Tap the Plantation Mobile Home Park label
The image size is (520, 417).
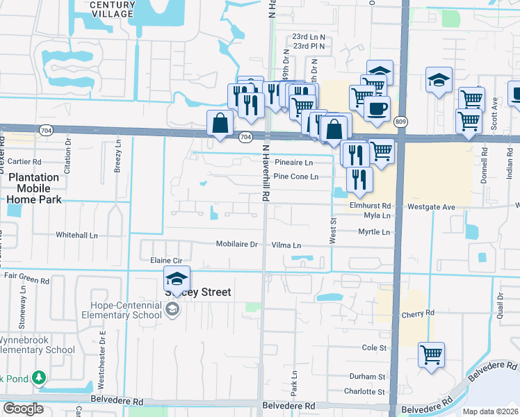tap(34, 188)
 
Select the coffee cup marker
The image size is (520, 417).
tap(377, 109)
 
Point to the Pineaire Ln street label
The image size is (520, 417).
tap(294, 163)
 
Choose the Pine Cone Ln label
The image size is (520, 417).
tap(295, 177)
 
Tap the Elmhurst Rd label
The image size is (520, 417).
tap(371, 206)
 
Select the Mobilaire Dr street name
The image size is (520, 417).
tap(236, 245)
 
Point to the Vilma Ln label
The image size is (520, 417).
tap(286, 245)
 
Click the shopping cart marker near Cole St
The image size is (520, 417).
tap(431, 354)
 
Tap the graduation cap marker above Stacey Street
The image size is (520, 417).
tap(177, 279)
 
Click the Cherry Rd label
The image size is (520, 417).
tap(417, 314)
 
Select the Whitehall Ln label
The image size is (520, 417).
tap(77, 235)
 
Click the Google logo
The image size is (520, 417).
tap(24, 409)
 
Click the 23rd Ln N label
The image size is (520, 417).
tap(309, 36)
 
